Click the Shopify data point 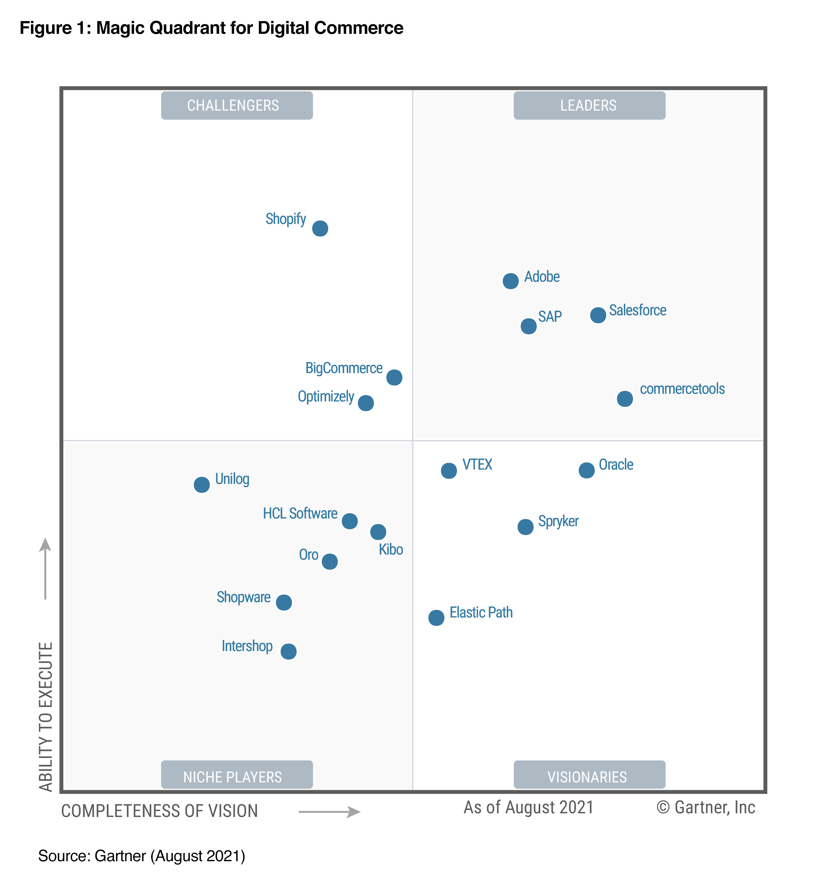(x=320, y=229)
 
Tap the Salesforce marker (x=598, y=315)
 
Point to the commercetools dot (x=624, y=398)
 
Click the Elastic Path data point (x=436, y=617)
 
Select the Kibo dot (x=378, y=532)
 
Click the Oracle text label (x=616, y=465)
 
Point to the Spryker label (x=558, y=521)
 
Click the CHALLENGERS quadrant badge (x=237, y=105)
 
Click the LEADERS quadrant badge (x=589, y=105)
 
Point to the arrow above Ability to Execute (x=45, y=568)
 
